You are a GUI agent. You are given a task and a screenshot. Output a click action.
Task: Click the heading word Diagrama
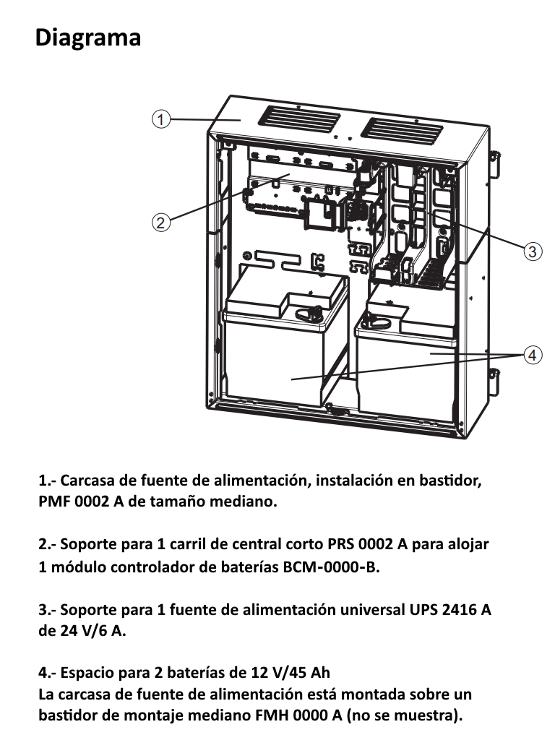[x=87, y=37]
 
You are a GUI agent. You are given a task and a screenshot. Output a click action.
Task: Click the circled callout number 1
[x=161, y=119]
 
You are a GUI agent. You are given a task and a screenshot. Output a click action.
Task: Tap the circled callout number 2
[x=161, y=222]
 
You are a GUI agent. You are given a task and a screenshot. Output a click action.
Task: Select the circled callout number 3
[x=532, y=251]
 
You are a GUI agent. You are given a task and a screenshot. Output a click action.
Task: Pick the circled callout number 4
[x=532, y=355]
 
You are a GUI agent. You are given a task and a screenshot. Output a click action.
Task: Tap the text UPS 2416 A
[x=448, y=609]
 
